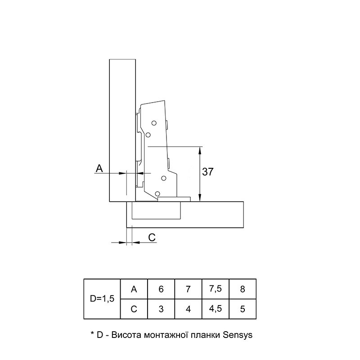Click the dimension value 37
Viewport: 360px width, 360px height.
coord(208,172)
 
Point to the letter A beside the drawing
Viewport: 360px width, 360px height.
coord(99,168)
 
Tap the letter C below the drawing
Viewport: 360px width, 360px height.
coord(152,238)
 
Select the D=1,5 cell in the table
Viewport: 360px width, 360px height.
coord(102,299)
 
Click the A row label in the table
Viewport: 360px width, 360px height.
coord(134,289)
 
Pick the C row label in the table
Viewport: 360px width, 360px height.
coord(134,309)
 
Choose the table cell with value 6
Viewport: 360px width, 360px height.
coord(161,289)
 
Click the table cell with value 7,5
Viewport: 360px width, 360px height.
coord(216,289)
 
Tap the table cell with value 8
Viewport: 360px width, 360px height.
coord(243,289)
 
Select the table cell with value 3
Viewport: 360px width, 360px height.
coord(161,309)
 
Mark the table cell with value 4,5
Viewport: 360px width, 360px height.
coord(216,309)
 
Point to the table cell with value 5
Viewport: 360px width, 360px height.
coord(243,309)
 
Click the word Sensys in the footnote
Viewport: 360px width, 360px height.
coord(238,335)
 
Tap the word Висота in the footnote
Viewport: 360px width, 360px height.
coord(126,335)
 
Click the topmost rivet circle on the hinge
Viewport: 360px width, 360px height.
coord(154,123)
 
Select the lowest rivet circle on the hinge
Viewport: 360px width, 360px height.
coord(157,193)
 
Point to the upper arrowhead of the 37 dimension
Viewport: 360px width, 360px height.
coord(200,150)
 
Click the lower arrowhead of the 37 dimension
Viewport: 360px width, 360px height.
coord(200,198)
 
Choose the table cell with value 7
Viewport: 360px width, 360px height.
coord(188,289)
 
